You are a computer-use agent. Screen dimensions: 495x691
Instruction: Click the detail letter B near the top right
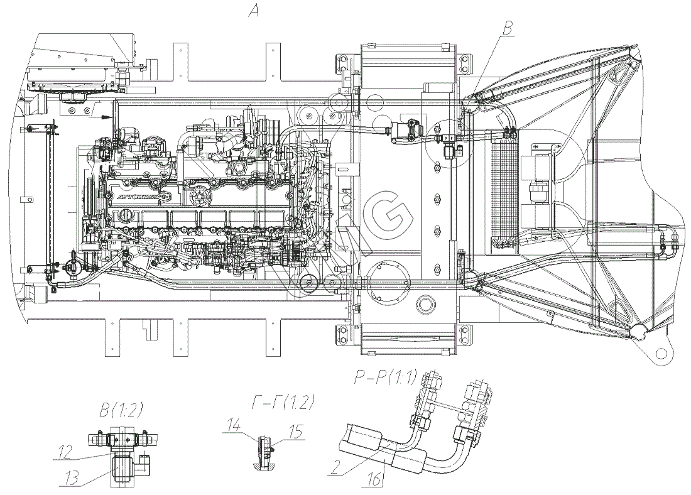(x=509, y=27)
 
